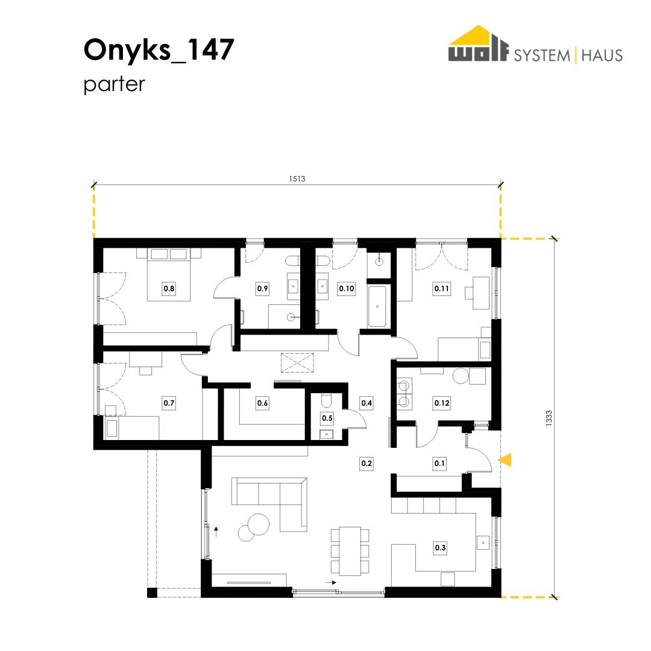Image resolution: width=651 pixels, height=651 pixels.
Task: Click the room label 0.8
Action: click(169, 289)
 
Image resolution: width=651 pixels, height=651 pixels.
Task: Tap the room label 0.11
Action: click(441, 289)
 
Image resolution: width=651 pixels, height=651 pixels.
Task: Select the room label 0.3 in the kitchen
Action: click(440, 547)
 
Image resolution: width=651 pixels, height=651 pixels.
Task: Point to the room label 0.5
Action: click(327, 418)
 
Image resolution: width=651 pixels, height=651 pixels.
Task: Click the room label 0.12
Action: click(441, 403)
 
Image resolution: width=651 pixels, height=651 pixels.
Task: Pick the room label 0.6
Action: click(262, 403)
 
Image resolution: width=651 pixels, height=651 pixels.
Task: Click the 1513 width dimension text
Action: click(297, 179)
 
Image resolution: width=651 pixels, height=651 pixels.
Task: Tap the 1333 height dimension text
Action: click(549, 418)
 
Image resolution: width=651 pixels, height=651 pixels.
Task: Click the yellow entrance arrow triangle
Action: click(505, 460)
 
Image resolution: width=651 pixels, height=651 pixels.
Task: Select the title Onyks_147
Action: click(159, 50)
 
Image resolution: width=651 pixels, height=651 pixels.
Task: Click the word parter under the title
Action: click(114, 84)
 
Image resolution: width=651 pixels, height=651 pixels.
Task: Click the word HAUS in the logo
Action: click(602, 55)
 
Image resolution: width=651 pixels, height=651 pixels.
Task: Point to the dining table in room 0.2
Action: click(350, 551)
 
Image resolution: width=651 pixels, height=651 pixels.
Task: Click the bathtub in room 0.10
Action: click(377, 306)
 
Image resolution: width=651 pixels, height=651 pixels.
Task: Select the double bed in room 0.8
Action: click(169, 274)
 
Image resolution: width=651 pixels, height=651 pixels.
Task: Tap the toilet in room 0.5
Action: click(326, 400)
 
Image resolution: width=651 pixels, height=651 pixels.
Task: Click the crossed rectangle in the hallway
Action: click(298, 363)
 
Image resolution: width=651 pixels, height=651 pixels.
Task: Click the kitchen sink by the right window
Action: click(483, 542)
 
